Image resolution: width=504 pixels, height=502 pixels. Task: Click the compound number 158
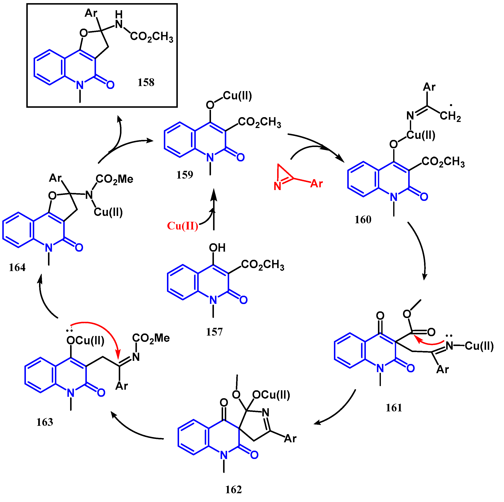point(146,82)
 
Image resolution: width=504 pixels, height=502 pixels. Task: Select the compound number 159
point(185,175)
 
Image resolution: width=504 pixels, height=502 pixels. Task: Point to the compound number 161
point(394,408)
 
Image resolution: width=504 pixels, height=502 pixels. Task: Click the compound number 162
point(234,489)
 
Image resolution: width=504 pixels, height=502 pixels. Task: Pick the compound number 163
point(45,422)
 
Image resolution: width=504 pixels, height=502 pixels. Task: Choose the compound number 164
point(17,267)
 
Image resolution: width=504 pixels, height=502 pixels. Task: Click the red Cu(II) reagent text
point(183,226)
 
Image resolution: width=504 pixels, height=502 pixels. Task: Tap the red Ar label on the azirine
point(316,184)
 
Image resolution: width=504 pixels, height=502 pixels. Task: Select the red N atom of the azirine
point(277,186)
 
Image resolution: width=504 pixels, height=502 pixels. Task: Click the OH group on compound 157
point(217,248)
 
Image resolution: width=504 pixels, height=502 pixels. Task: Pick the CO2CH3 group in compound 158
point(152,37)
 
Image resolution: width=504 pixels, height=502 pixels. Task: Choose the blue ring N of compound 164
point(49,248)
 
